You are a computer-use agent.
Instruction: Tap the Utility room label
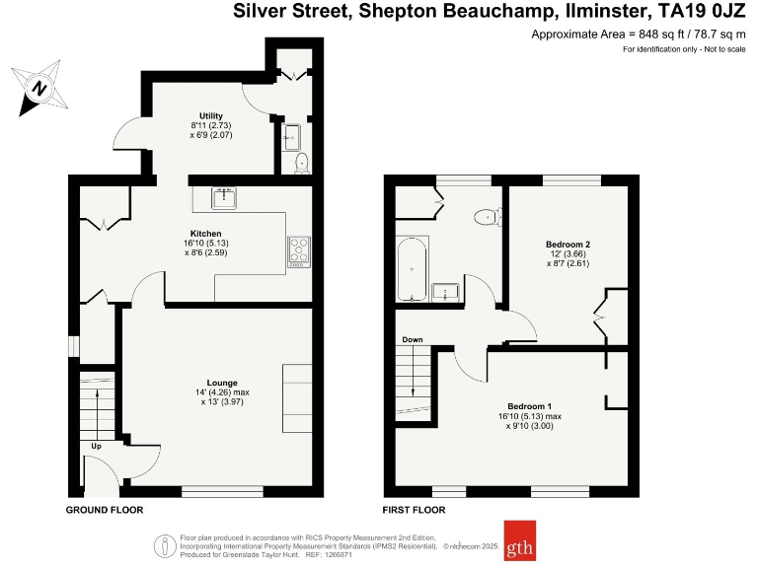click(x=211, y=117)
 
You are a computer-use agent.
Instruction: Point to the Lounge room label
click(x=221, y=383)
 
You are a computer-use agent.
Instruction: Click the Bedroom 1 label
click(x=529, y=406)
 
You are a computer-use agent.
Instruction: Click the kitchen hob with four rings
click(x=299, y=251)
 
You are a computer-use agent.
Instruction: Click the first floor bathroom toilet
click(x=487, y=216)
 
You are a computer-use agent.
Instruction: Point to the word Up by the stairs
click(x=96, y=446)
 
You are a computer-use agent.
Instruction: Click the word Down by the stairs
click(x=412, y=340)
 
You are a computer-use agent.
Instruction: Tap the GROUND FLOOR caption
click(x=105, y=510)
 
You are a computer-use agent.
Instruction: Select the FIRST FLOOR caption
click(x=414, y=510)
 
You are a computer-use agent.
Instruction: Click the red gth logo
click(x=520, y=539)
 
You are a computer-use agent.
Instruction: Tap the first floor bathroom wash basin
click(x=446, y=291)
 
